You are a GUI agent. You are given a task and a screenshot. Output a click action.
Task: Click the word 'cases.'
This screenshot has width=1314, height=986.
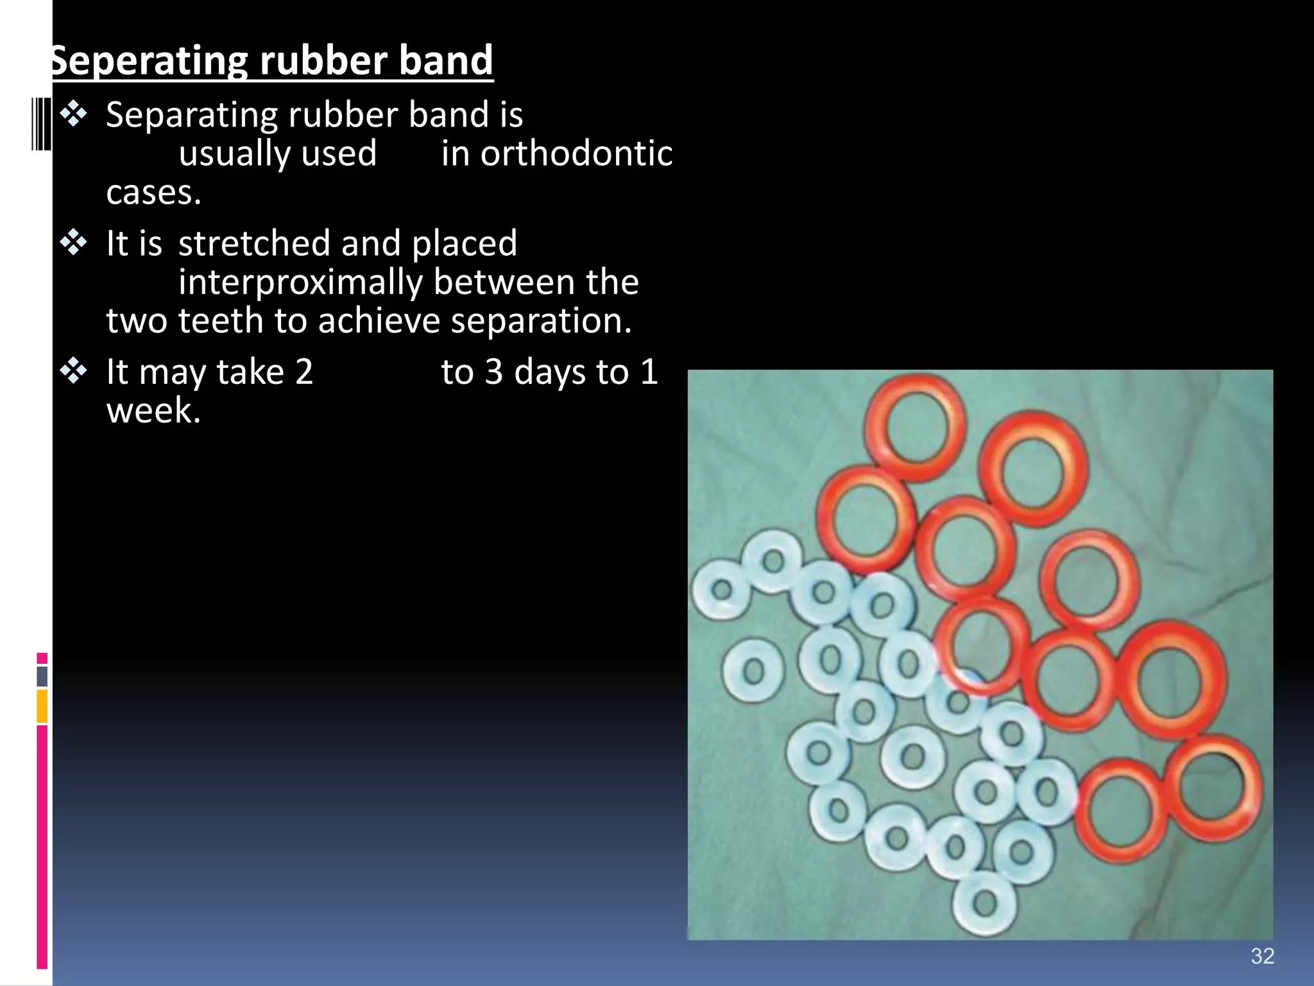(x=153, y=193)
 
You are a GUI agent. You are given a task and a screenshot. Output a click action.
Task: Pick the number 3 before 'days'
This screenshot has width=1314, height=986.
(x=493, y=372)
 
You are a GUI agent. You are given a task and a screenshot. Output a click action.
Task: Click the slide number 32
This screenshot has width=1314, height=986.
(x=1262, y=956)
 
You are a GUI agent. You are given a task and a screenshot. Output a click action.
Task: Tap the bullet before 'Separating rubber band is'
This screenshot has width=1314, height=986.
(x=74, y=114)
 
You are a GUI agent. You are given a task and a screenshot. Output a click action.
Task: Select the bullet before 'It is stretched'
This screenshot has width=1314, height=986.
(x=74, y=243)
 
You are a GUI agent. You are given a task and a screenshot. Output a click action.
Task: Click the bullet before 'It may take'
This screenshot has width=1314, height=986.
(x=74, y=372)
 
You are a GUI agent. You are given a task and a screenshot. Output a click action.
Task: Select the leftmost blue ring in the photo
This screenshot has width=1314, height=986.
(x=722, y=589)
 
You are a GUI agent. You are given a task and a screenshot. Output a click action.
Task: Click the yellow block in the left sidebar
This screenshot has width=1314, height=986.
(x=42, y=706)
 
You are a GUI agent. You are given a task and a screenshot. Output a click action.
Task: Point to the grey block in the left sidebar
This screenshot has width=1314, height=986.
(x=42, y=676)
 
